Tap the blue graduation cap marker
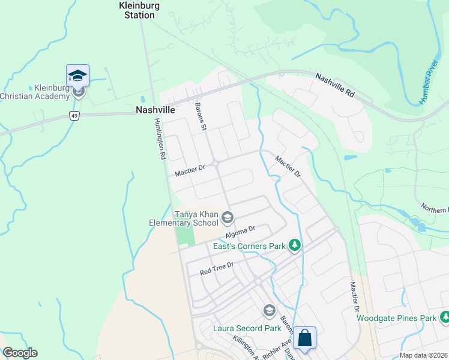click(78, 76)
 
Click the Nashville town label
click(155, 110)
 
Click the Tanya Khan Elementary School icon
click(228, 217)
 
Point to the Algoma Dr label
click(240, 229)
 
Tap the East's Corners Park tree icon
click(294, 245)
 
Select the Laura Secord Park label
click(247, 328)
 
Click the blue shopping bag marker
click(305, 338)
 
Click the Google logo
click(19, 353)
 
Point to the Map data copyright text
click(423, 355)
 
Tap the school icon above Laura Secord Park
click(268, 310)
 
